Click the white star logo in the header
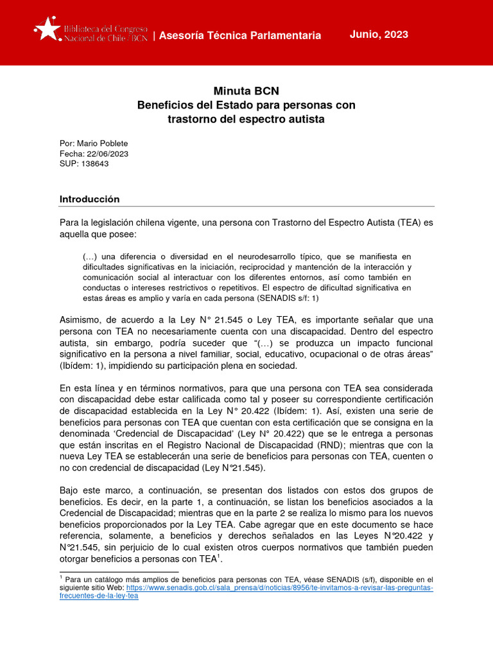pyautogui.click(x=47, y=29)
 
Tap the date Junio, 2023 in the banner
pyautogui.click(x=379, y=35)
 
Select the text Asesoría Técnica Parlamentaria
pyautogui.click(x=239, y=35)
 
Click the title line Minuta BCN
pyautogui.click(x=246, y=91)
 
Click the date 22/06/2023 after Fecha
pyautogui.click(x=104, y=154)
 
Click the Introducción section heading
pyautogui.click(x=89, y=199)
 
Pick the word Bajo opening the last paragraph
pyautogui.click(x=71, y=491)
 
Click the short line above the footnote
pyautogui.click(x=119, y=571)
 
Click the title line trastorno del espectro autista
pyautogui.click(x=246, y=120)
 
